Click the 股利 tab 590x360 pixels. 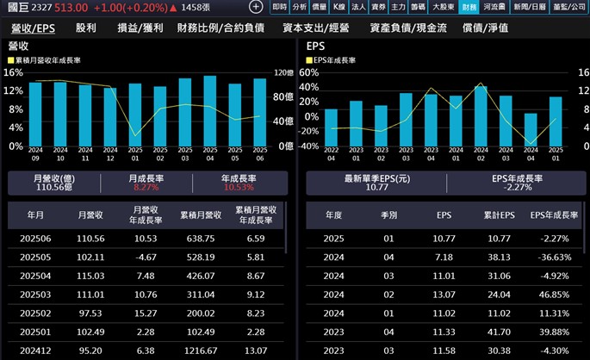point(86,28)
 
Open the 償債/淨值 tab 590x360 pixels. point(485,28)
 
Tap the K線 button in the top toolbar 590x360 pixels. point(339,7)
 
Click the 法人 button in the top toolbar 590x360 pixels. point(358,7)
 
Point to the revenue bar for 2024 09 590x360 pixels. point(35,114)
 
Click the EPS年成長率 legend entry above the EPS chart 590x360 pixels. point(338,61)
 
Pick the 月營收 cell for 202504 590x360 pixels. point(91,275)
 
